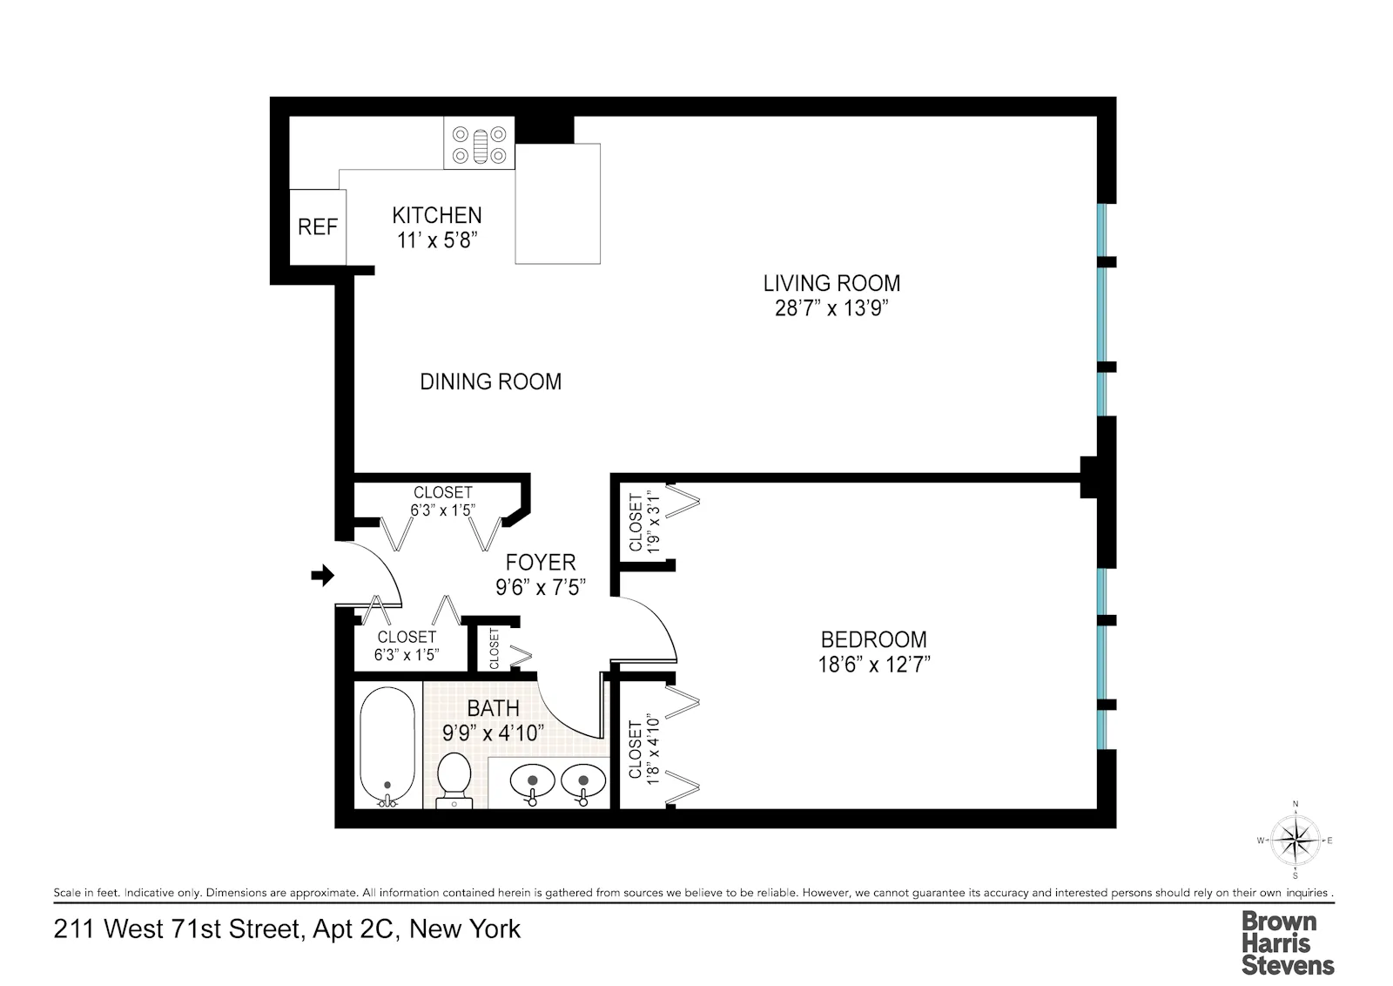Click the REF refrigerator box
click(x=317, y=227)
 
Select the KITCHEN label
click(x=436, y=215)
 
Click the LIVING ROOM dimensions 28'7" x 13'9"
click(x=831, y=308)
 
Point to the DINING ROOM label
click(x=490, y=382)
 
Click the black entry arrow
click(x=323, y=575)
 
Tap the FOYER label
click(x=541, y=563)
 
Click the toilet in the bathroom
click(x=453, y=777)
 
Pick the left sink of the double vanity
click(x=528, y=780)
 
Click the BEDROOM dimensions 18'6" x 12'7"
click(x=873, y=665)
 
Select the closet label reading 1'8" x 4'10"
click(x=643, y=749)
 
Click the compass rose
click(x=1295, y=841)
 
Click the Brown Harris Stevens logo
click(x=1287, y=942)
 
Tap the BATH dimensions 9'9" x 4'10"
click(x=494, y=733)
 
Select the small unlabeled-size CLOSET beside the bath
click(x=495, y=649)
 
